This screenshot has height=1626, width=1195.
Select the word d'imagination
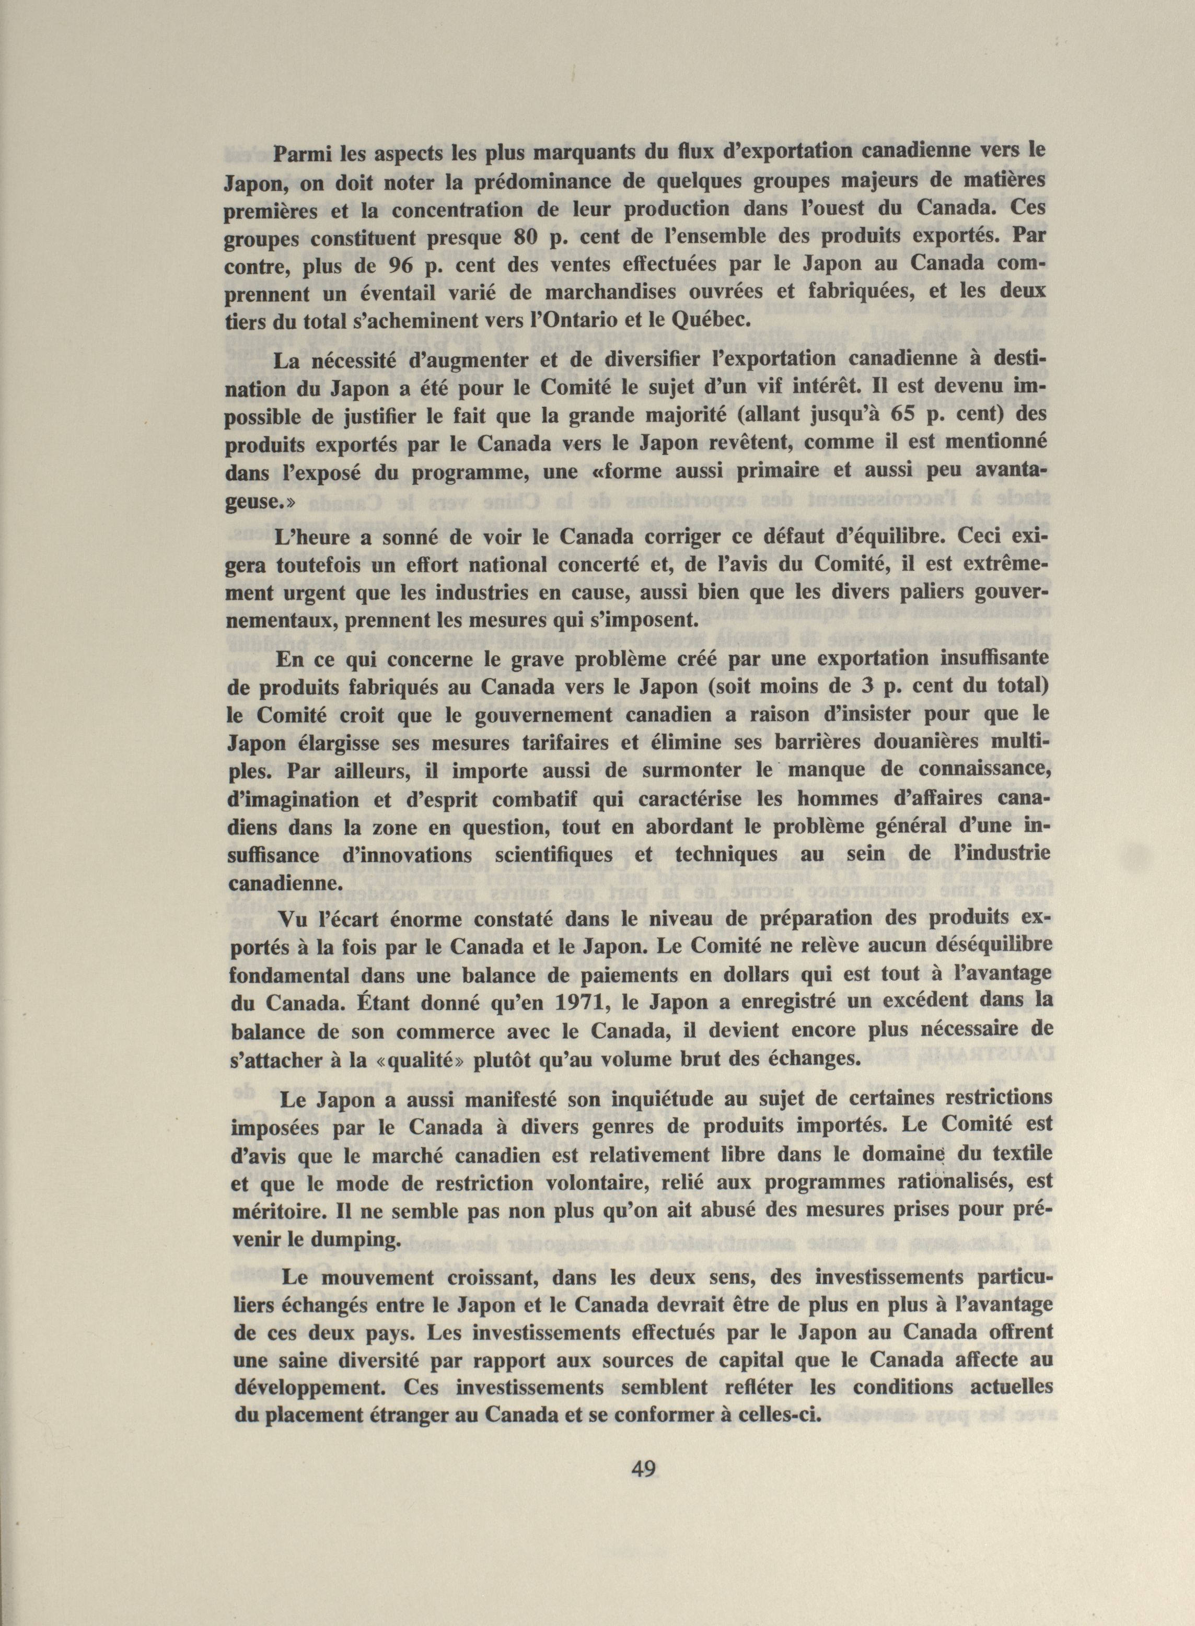click(298, 800)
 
